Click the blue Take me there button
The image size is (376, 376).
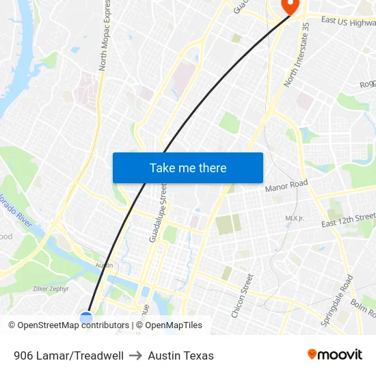[188, 167]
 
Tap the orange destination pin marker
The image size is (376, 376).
[290, 5]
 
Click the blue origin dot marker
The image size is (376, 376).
[86, 318]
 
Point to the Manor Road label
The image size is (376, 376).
[286, 186]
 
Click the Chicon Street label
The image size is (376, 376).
[242, 295]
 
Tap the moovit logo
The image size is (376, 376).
[335, 354]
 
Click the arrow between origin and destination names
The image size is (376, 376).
[135, 355]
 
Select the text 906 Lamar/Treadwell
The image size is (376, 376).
[68, 355]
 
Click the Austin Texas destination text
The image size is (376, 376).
[180, 355]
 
